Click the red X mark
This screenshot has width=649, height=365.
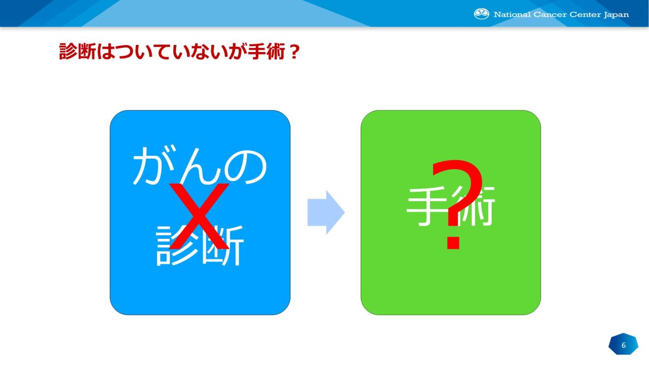tap(199, 216)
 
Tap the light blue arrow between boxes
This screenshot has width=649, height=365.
tap(326, 212)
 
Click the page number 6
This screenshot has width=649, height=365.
tap(624, 345)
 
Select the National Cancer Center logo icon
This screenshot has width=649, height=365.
tap(481, 14)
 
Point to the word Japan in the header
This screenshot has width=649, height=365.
tap(616, 15)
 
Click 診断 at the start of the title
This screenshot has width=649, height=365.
tap(77, 51)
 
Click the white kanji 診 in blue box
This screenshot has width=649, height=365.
tap(177, 245)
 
